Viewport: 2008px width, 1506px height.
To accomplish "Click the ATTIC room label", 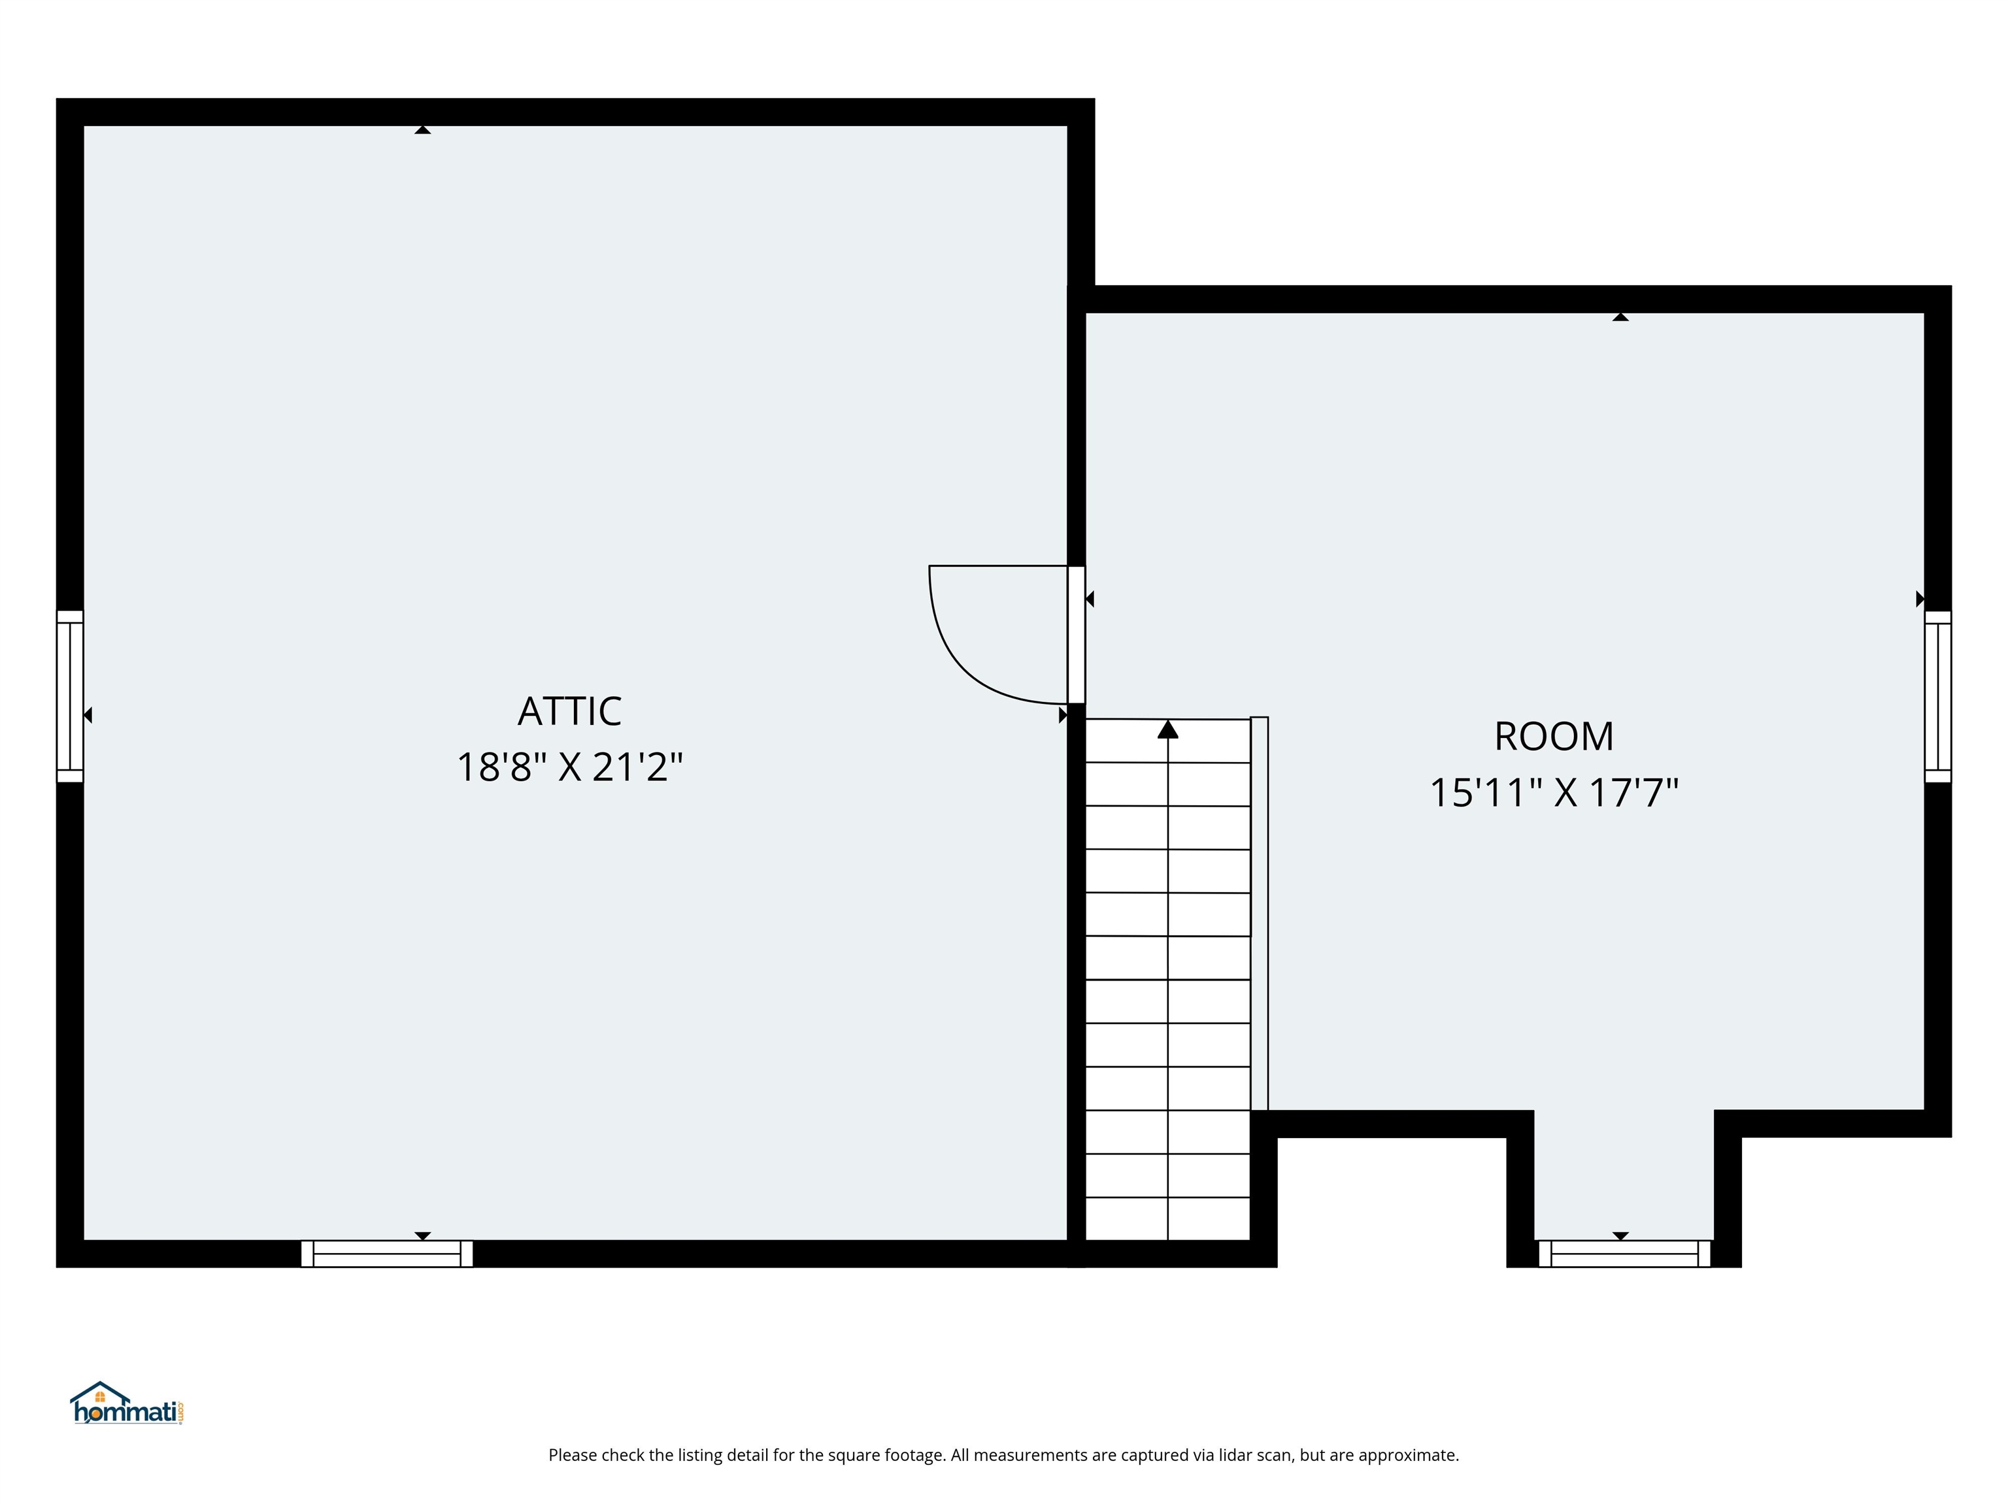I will pos(569,712).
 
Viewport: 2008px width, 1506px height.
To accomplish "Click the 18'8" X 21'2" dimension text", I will pos(569,767).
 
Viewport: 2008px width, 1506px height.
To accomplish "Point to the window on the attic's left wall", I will pos(70,696).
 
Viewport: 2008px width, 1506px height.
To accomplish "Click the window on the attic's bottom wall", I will pos(387,1254).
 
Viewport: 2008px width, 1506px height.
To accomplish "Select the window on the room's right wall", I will pos(1937,696).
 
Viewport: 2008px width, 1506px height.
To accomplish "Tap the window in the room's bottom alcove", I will pos(1624,1254).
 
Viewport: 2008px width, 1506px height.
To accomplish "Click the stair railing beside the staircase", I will pos(1259,912).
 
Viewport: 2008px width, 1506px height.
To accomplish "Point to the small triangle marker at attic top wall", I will pos(422,130).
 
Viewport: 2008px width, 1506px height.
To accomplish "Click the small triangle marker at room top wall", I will pos(1620,317).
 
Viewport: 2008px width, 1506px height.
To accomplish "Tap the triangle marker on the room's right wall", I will pos(1919,599).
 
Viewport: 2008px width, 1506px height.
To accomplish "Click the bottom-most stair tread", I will pos(1167,1219).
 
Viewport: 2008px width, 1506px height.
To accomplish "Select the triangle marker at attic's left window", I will pos(88,715).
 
